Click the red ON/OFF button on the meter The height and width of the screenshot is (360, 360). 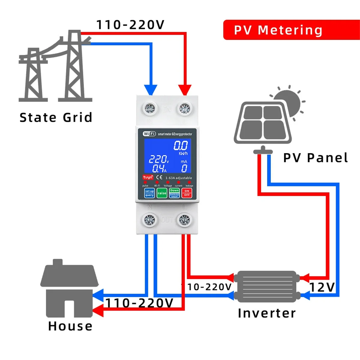tap(187, 193)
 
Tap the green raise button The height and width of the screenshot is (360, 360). tap(162, 193)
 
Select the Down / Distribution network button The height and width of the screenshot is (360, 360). tap(174, 193)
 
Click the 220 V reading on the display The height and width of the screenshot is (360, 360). tap(159, 159)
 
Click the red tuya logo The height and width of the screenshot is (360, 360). tap(148, 177)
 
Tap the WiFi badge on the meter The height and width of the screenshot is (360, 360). tap(149, 134)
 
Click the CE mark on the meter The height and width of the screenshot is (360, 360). tap(159, 177)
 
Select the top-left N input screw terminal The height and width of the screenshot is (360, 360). tap(149, 109)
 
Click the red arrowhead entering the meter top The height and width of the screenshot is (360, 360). tap(185, 90)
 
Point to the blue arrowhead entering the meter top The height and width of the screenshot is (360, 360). tap(151, 90)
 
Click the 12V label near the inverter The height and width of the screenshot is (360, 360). tap(322, 287)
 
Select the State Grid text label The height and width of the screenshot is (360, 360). tap(56, 117)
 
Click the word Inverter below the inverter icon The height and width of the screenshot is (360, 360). tap(267, 313)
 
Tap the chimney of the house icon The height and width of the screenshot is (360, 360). tap(58, 262)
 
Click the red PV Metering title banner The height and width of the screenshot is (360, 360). tap(291, 30)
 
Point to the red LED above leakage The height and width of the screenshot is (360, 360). tap(189, 182)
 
